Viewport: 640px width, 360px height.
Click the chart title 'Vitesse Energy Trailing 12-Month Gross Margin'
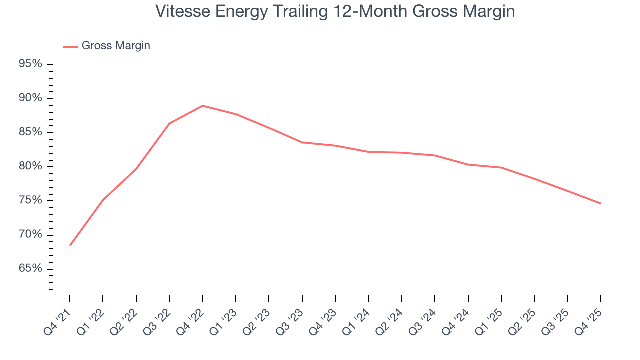click(335, 11)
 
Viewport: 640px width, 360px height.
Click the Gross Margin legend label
click(116, 46)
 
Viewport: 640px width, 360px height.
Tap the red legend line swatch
click(70, 46)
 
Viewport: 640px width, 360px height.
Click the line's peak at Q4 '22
click(202, 106)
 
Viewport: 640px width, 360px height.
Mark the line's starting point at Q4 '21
click(70, 245)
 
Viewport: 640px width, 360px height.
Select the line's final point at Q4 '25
click(600, 203)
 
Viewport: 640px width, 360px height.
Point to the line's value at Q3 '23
click(302, 142)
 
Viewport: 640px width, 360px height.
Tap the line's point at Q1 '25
click(501, 167)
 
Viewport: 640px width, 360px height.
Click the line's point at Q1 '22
click(103, 200)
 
